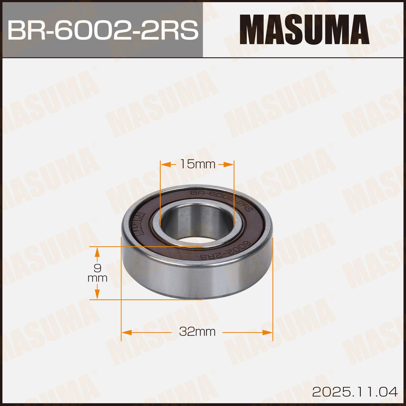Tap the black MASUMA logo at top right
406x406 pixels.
pyautogui.click(x=304, y=30)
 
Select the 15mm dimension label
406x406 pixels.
pyautogui.click(x=194, y=164)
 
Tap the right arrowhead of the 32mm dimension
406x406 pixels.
pyautogui.click(x=267, y=332)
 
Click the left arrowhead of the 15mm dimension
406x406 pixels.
pyautogui.click(x=165, y=164)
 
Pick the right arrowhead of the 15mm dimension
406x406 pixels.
pyautogui.click(x=228, y=164)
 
